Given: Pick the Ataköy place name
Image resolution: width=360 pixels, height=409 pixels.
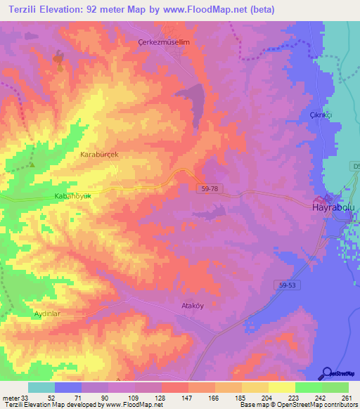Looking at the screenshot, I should (188, 306).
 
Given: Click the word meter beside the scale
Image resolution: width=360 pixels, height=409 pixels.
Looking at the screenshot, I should (11, 397).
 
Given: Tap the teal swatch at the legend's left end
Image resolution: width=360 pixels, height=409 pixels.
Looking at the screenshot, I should (41, 387).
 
